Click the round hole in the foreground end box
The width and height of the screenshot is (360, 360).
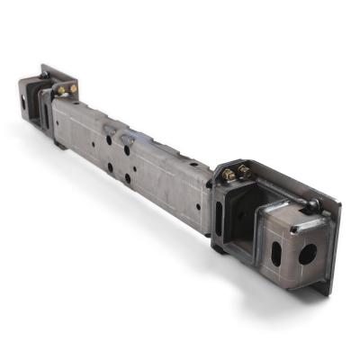pyautogui.click(x=307, y=253)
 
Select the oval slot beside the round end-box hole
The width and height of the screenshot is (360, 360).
pyautogui.click(x=275, y=245)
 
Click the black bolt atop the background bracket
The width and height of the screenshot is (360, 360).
pyautogui.click(x=43, y=69)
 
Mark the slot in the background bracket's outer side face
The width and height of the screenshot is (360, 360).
pyautogui.click(x=26, y=102)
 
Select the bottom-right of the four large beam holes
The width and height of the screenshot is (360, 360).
pyautogui.click(x=127, y=178)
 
